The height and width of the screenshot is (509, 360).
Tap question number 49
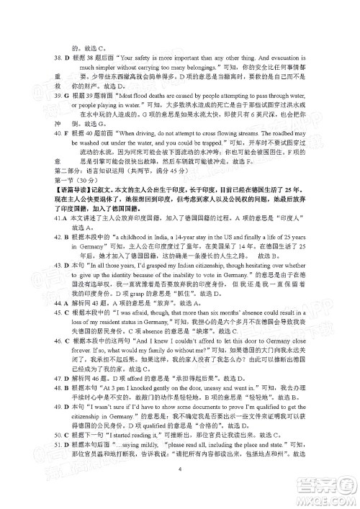tap(36, 427)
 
